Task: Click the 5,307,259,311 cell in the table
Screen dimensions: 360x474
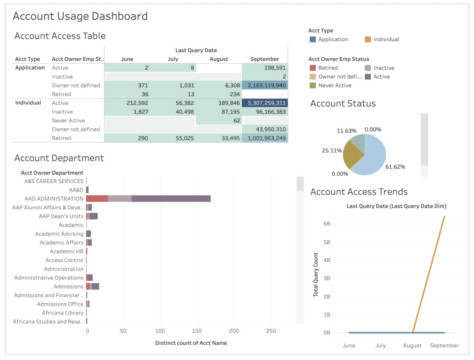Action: click(265, 103)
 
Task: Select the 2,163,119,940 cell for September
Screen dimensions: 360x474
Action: click(265, 85)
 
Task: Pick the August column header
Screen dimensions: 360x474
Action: click(219, 59)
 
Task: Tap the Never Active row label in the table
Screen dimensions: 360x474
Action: click(68, 121)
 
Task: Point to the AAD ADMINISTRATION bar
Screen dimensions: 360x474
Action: click(148, 199)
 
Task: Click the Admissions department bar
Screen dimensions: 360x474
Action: click(93, 287)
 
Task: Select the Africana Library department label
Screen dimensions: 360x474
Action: click(62, 313)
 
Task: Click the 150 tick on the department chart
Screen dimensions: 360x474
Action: click(197, 331)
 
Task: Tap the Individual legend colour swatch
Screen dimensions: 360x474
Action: click(368, 39)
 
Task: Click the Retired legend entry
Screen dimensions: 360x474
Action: click(328, 68)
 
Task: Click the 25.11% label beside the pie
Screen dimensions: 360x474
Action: click(332, 151)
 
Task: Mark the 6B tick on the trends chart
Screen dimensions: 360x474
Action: click(327, 223)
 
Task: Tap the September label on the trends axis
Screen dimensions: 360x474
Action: click(444, 346)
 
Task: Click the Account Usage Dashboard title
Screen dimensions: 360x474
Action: click(80, 16)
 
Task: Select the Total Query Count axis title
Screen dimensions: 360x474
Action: click(316, 274)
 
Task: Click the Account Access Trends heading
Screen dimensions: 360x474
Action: click(359, 192)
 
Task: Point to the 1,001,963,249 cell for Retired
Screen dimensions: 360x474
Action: click(265, 138)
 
